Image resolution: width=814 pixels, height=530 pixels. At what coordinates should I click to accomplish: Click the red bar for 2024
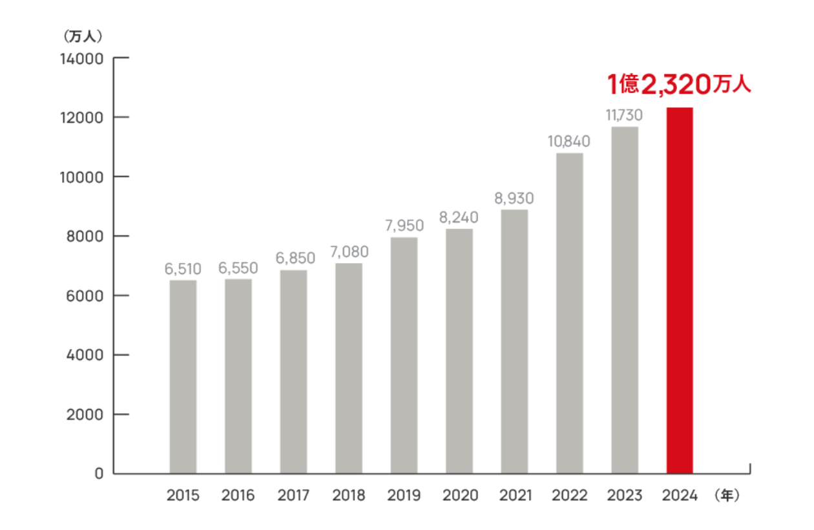click(680, 291)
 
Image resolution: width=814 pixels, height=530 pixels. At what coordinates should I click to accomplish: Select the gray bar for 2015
click(183, 377)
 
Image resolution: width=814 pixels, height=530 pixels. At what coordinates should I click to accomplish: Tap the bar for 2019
click(404, 355)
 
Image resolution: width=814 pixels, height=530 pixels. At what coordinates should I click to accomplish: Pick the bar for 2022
click(569, 313)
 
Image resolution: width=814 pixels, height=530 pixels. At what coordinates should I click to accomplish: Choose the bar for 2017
click(293, 372)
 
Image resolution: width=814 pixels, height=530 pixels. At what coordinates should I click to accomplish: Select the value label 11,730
click(624, 116)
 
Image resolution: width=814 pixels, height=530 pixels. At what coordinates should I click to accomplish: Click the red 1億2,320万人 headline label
click(678, 84)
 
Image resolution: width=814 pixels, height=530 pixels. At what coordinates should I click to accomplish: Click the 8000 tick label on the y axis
click(85, 237)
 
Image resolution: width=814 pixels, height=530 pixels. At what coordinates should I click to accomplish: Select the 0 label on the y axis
click(99, 474)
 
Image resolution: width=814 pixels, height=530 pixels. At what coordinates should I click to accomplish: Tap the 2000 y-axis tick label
click(85, 414)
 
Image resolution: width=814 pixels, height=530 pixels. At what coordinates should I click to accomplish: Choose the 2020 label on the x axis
click(460, 496)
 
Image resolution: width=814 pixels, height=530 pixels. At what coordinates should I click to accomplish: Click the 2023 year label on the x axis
click(625, 496)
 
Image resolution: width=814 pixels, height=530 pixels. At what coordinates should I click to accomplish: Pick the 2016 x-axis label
click(238, 496)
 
